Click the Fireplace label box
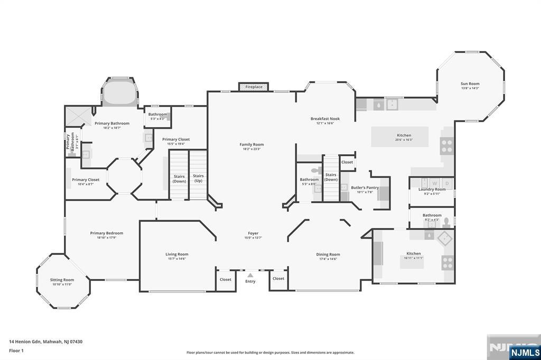tap(254, 87)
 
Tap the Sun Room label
tap(470, 83)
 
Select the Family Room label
tap(251, 144)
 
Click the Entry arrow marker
tap(250, 275)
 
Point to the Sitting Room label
tap(62, 280)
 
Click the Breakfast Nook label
tap(325, 119)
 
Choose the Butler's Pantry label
tap(365, 187)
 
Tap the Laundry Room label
tap(432, 190)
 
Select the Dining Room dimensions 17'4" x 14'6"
tap(328, 259)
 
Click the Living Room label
tap(176, 254)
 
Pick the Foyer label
tap(253, 233)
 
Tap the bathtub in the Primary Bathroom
tap(119, 94)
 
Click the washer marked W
tap(434, 183)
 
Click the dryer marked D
tap(447, 183)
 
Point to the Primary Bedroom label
tap(106, 233)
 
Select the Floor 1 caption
tap(16, 350)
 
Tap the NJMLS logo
tap(524, 352)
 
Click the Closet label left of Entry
tap(226, 279)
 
